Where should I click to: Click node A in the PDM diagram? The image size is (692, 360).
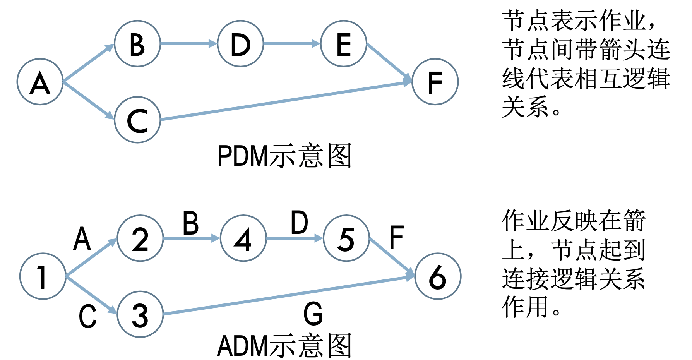pyautogui.click(x=40, y=82)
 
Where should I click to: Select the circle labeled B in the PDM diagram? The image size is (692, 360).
pyautogui.click(x=137, y=44)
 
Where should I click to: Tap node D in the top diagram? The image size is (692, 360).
pyautogui.click(x=240, y=44)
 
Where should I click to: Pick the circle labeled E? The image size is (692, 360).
pyautogui.click(x=344, y=44)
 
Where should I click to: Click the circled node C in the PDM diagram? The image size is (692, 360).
pyautogui.click(x=137, y=120)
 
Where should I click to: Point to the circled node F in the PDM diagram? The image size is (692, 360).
pyautogui.click(x=435, y=82)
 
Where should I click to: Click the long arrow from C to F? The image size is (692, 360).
pyautogui.click(x=286, y=101)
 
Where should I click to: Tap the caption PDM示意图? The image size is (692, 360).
pyautogui.click(x=284, y=156)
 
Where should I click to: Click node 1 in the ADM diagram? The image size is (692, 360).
pyautogui.click(x=43, y=276)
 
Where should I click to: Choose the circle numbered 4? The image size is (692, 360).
pyautogui.click(x=243, y=238)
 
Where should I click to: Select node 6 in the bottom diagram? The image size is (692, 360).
pyautogui.click(x=438, y=276)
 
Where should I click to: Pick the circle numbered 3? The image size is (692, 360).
pyautogui.click(x=140, y=314)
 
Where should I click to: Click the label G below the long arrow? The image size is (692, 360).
pyautogui.click(x=313, y=314)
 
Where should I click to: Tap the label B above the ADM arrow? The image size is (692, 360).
pyautogui.click(x=191, y=223)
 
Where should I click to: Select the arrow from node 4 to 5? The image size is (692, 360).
pyautogui.click(x=294, y=238)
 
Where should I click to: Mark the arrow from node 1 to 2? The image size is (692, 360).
pyautogui.click(x=91, y=258)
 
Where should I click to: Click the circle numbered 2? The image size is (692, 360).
pyautogui.click(x=140, y=238)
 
